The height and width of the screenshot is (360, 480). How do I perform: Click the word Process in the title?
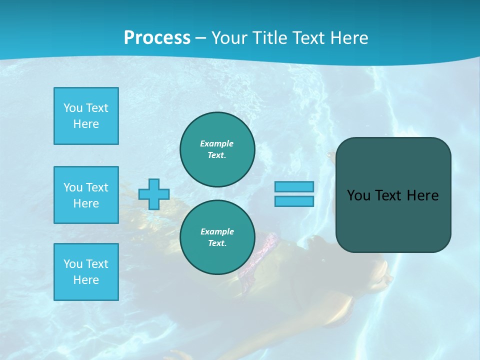[x=157, y=37]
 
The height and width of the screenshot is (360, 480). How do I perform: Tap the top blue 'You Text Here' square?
[x=86, y=116]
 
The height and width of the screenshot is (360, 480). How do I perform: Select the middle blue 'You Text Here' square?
[x=86, y=195]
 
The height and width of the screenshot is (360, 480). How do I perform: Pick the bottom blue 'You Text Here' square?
[x=86, y=272]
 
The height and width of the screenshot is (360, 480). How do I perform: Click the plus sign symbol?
[x=154, y=194]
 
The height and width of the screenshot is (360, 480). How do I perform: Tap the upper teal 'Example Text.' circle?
[x=217, y=149]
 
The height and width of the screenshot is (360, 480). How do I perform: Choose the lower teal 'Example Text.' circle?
[x=217, y=237]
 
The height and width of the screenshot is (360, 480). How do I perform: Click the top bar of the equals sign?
[x=294, y=186]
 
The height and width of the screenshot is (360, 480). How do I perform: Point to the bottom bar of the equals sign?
[x=294, y=201]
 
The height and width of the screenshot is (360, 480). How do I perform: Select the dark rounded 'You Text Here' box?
[x=393, y=220]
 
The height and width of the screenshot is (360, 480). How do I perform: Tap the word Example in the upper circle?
[x=216, y=143]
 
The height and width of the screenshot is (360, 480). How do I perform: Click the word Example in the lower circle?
[x=217, y=231]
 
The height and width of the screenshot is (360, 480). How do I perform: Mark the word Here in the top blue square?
[x=86, y=124]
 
